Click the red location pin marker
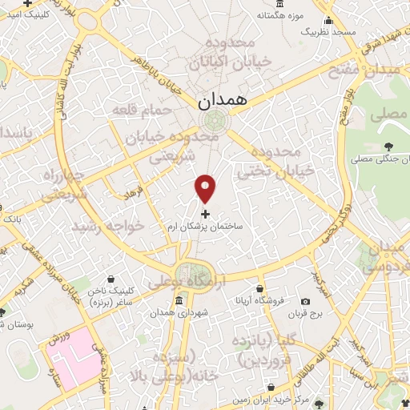(206, 187)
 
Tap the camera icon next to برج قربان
(305, 300)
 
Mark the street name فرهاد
(131, 193)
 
